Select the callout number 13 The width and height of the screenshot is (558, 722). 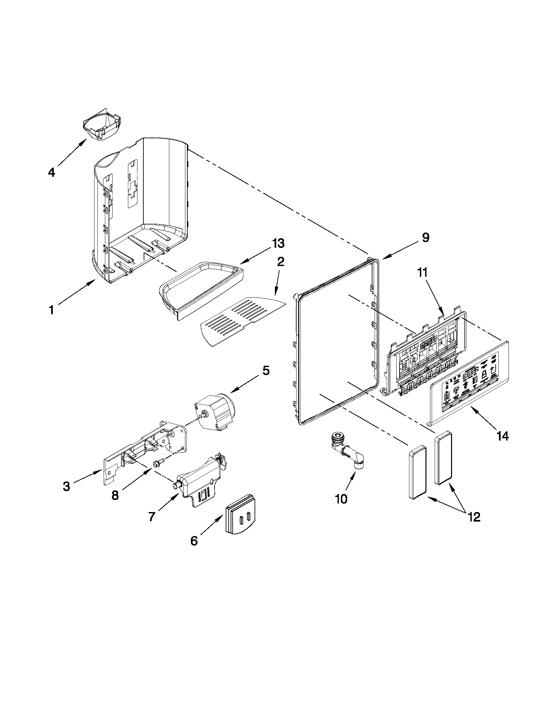[x=278, y=243]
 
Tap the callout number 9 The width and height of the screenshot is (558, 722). [x=425, y=237]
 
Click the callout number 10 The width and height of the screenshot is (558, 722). [x=341, y=499]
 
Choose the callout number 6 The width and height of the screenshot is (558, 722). [x=194, y=541]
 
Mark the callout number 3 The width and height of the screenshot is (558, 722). [x=67, y=486]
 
